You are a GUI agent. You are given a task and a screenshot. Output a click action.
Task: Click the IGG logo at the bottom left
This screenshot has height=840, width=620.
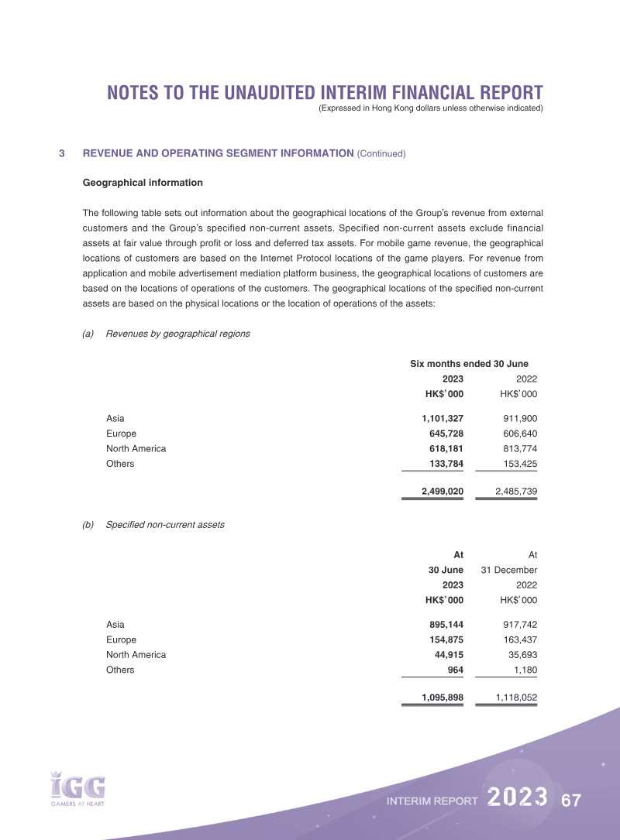pyautogui.click(x=77, y=787)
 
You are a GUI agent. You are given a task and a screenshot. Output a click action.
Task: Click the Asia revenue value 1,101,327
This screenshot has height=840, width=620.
pyautogui.click(x=442, y=419)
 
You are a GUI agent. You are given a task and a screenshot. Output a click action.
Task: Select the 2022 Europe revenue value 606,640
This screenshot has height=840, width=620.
pyautogui.click(x=520, y=434)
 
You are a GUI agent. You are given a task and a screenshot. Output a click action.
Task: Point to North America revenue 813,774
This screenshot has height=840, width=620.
pyautogui.click(x=520, y=449)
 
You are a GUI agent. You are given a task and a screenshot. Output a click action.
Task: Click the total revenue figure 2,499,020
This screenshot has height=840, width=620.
pyautogui.click(x=442, y=492)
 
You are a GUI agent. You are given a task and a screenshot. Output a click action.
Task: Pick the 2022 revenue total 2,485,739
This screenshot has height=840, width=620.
pyautogui.click(x=516, y=492)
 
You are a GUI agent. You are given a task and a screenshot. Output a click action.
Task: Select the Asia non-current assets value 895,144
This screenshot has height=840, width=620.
pyautogui.click(x=446, y=625)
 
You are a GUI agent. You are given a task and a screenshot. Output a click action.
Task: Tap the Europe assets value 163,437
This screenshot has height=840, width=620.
pyautogui.click(x=520, y=639)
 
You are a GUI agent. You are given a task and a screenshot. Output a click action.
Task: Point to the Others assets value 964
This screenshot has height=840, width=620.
pyautogui.click(x=455, y=670)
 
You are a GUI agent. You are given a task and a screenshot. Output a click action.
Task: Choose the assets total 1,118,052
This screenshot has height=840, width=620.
pyautogui.click(x=516, y=698)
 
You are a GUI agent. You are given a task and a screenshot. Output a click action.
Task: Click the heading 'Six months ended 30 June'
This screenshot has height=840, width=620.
pyautogui.click(x=469, y=364)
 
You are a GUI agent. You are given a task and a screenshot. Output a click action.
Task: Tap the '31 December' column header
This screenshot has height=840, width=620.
pyautogui.click(x=509, y=570)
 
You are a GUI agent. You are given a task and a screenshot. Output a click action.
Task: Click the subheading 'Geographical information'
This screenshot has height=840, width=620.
pyautogui.click(x=143, y=183)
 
